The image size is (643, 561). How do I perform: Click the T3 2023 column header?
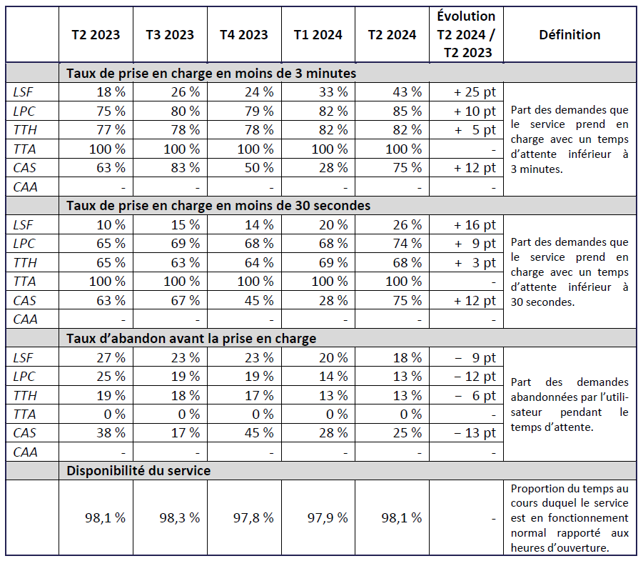pos(170,35)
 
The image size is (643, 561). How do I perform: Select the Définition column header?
pos(569,35)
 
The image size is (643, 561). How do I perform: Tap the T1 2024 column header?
pos(318,35)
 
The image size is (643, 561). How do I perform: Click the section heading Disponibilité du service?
pos(138,471)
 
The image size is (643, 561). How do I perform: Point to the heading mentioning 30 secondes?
pos(218,205)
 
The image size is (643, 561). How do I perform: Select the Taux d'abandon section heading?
pos(191,338)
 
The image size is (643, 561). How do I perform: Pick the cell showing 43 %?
pos(407,92)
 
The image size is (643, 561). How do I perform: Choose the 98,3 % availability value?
pos(179,517)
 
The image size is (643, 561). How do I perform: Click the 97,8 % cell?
pos(253,517)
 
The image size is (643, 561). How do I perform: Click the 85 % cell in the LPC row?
pos(407,111)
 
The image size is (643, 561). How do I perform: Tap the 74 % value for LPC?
pos(407,244)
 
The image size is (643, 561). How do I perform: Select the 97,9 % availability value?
pos(328,517)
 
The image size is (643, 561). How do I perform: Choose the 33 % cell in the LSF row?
pos(333,92)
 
